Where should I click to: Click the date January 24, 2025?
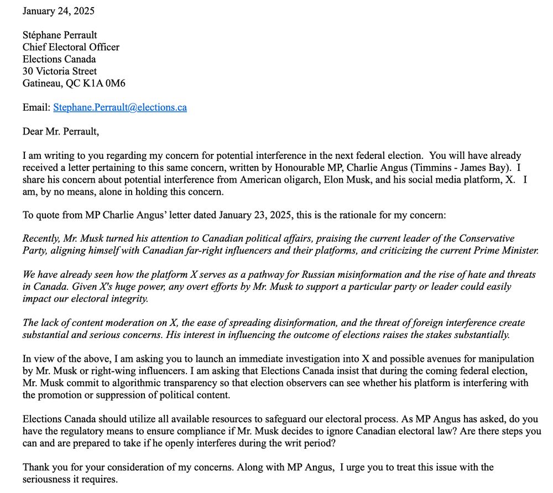pos(59,10)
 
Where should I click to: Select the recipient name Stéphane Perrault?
pos(60,35)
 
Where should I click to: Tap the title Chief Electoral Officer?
pos(71,47)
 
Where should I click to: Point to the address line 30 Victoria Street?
pos(60,71)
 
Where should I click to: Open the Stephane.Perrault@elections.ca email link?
pos(120,107)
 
